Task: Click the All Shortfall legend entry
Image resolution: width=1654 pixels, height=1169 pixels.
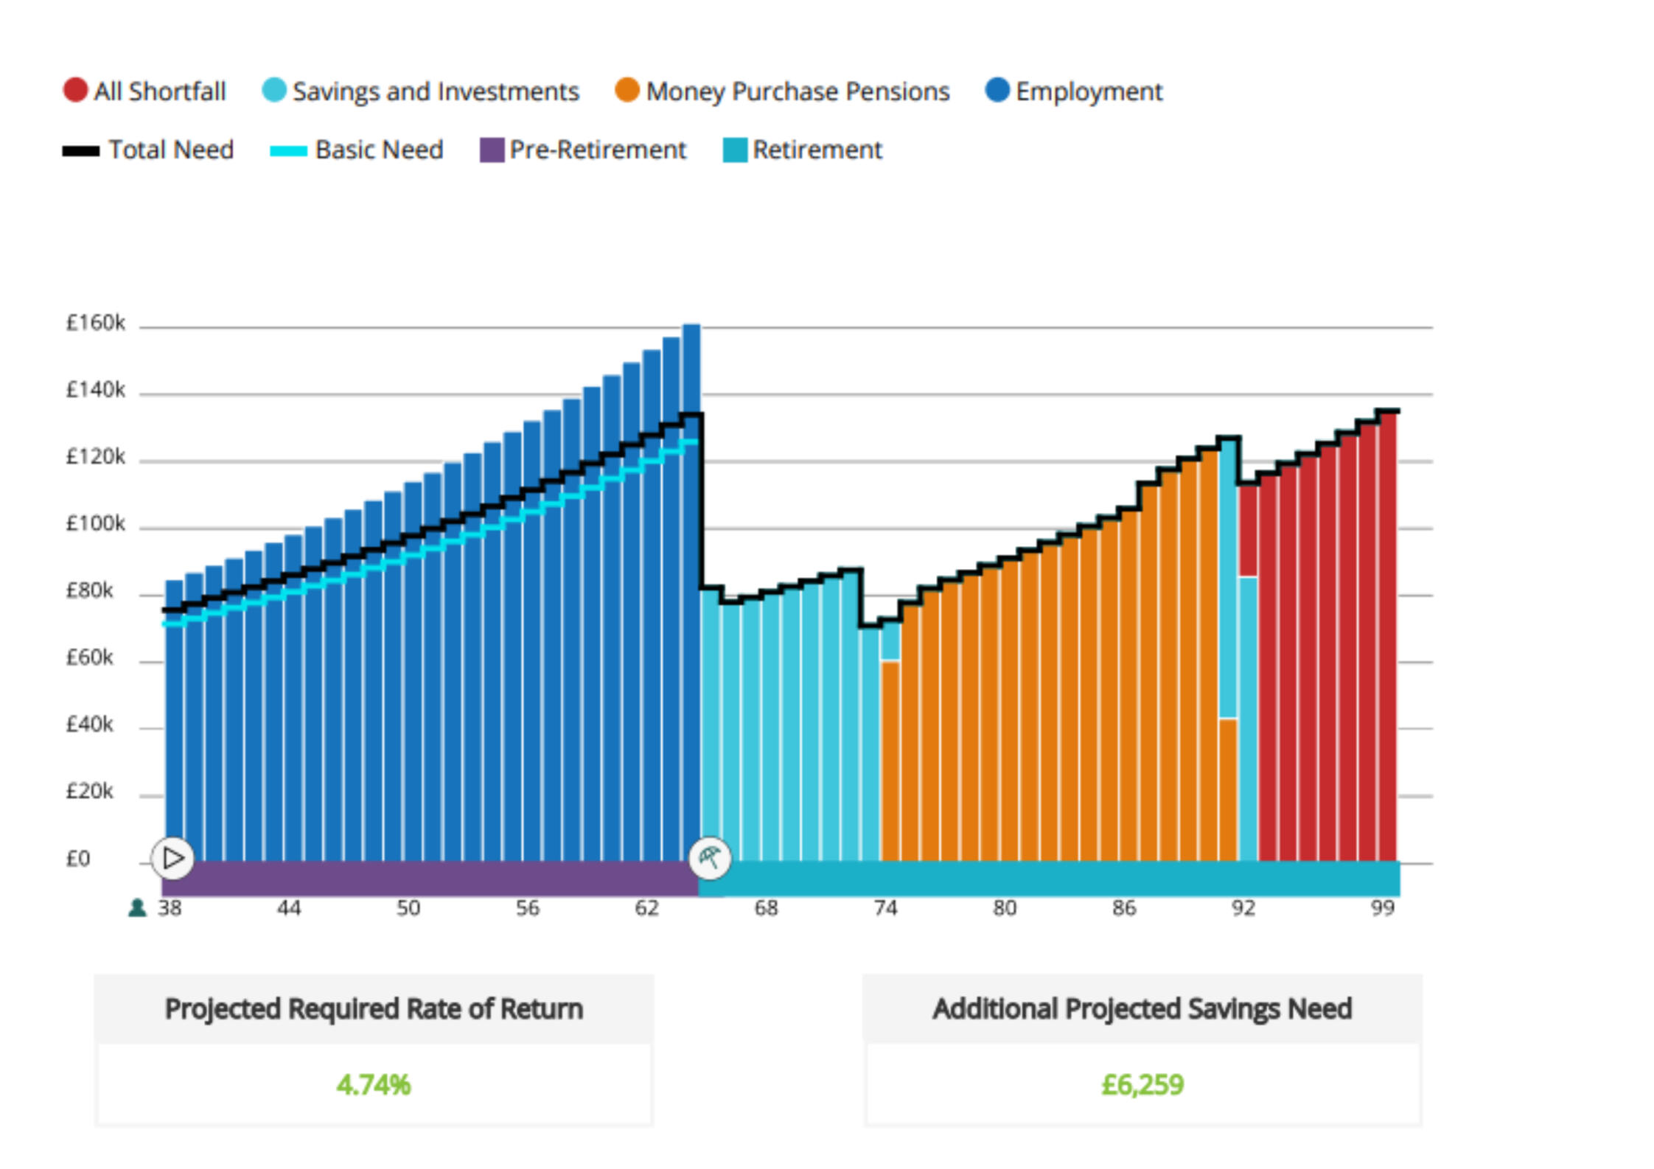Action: pyautogui.click(x=145, y=91)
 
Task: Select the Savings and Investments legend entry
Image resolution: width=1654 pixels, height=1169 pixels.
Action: pyautogui.click(x=421, y=91)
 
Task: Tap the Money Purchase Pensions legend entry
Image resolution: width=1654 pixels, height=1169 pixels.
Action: pyautogui.click(x=782, y=91)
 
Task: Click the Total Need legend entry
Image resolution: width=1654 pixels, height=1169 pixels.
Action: pyautogui.click(x=148, y=150)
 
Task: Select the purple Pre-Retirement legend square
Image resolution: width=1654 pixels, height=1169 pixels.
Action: pyautogui.click(x=492, y=150)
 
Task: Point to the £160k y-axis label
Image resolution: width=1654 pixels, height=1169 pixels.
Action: pyautogui.click(x=96, y=323)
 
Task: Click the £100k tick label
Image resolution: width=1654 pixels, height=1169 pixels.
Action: pyautogui.click(x=96, y=524)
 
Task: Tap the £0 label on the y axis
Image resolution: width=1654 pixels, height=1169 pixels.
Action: pyautogui.click(x=78, y=859)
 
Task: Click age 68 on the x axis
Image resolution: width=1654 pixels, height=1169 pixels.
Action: pyautogui.click(x=766, y=908)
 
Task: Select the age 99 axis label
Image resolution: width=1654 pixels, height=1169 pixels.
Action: pyautogui.click(x=1383, y=908)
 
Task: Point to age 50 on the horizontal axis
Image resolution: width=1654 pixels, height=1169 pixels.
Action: pyautogui.click(x=408, y=908)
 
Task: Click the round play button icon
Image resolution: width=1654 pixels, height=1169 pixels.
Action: pyautogui.click(x=173, y=858)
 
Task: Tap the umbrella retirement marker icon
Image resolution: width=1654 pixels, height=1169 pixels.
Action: pyautogui.click(x=710, y=858)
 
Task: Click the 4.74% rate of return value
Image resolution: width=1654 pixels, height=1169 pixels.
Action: pyautogui.click(x=374, y=1085)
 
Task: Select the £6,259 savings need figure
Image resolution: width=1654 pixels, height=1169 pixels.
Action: pyautogui.click(x=1142, y=1085)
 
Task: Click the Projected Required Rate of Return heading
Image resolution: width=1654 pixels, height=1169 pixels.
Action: pyautogui.click(x=374, y=1009)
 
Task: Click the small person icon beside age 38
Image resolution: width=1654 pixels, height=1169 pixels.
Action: pyautogui.click(x=137, y=908)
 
